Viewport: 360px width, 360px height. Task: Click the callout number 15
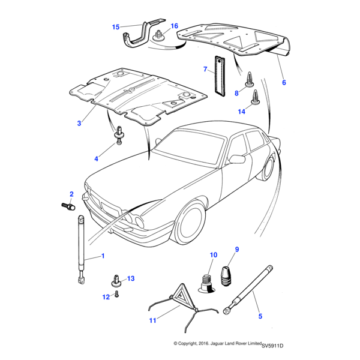pos(116,26)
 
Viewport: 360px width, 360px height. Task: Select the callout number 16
pos(175,26)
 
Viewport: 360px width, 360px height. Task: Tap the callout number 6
pos(284,82)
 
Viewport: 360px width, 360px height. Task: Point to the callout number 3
pos(79,123)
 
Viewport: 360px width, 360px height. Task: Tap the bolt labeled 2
pos(68,206)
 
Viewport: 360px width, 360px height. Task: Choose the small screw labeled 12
pos(118,295)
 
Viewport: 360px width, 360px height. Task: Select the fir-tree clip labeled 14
pos(256,97)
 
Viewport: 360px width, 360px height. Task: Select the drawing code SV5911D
pos(272,346)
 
